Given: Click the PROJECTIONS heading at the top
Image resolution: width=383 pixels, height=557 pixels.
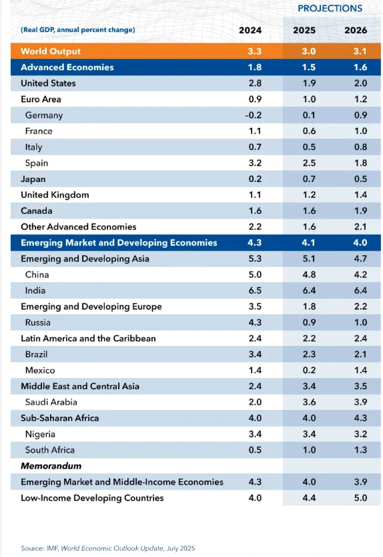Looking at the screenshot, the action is tap(330, 8).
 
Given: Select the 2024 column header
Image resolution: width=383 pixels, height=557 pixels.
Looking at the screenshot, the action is tap(250, 30).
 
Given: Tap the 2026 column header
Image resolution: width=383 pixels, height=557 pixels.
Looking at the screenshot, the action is tap(356, 30).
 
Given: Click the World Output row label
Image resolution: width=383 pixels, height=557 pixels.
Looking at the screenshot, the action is tap(51, 51).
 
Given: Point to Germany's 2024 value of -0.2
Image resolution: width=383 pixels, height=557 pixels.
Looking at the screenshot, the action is tap(253, 115).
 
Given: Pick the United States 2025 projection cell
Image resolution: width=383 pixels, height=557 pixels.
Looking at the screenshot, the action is tap(309, 83).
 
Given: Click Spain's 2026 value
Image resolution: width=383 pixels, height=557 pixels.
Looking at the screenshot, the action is tap(360, 163).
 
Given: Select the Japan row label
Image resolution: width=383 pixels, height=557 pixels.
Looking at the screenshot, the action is tap(33, 179).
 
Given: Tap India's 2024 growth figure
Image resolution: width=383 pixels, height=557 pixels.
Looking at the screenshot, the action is tap(255, 291).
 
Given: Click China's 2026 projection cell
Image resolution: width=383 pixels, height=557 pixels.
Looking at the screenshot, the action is tap(360, 275).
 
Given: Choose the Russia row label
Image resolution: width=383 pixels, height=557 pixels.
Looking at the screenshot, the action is tap(37, 322).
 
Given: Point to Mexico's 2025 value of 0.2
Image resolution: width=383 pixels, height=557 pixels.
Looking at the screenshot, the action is tap(309, 370).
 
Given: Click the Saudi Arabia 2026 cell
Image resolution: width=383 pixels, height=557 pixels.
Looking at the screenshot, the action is tap(360, 402).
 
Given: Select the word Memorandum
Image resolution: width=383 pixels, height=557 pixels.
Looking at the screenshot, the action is tap(51, 465).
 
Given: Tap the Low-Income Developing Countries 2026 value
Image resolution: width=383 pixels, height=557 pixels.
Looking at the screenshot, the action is tap(360, 497).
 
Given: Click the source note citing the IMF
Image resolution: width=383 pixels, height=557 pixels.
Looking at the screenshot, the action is tap(108, 548).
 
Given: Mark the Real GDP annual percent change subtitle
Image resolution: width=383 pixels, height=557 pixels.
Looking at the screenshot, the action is tap(78, 30).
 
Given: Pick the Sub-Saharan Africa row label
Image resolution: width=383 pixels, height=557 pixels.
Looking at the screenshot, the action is tap(59, 418).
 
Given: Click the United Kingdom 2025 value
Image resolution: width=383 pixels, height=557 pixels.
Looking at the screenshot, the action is tap(309, 195).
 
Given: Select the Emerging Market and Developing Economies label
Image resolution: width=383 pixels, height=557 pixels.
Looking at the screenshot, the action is tap(119, 243).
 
